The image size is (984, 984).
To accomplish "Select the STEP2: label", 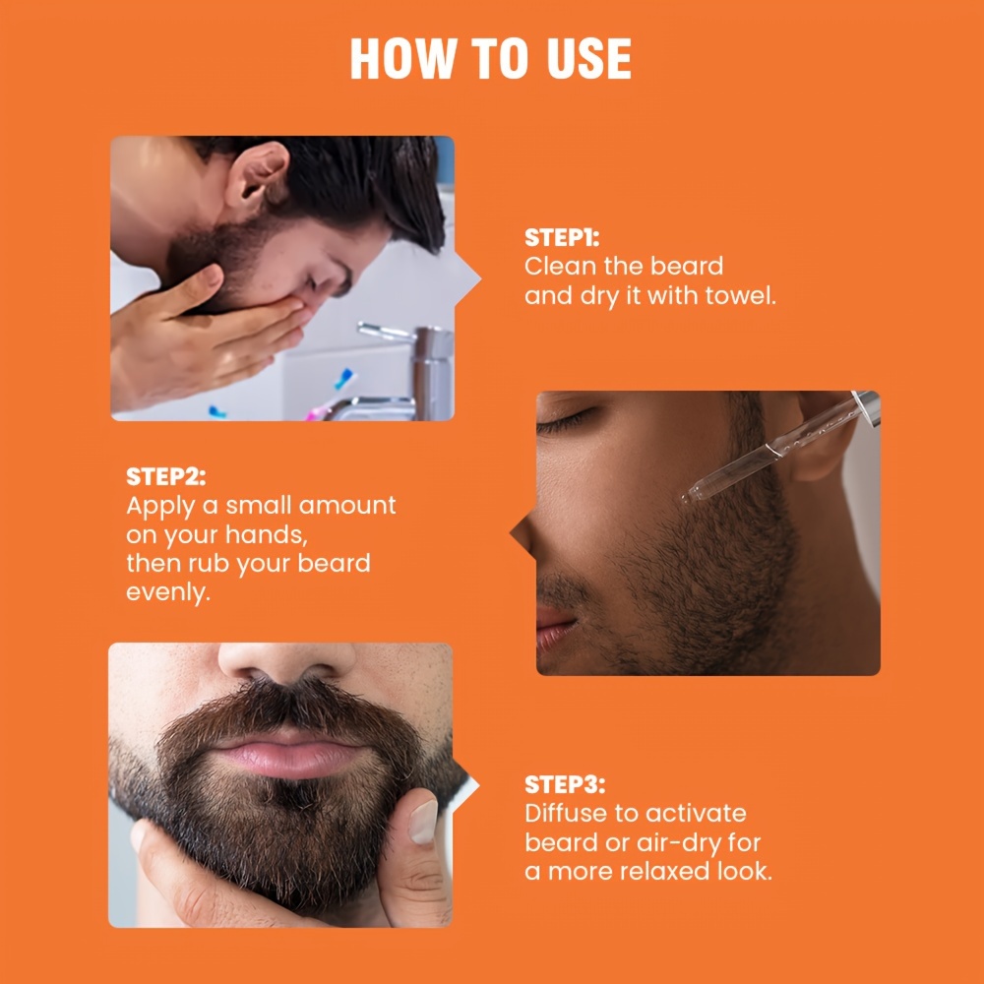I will (166, 477).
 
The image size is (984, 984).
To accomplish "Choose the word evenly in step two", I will (168, 593).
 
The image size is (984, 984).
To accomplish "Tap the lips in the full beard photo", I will (288, 753).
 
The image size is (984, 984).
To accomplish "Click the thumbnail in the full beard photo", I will (420, 821).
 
